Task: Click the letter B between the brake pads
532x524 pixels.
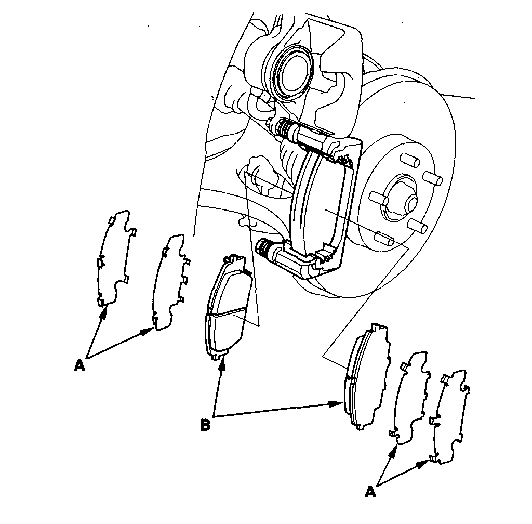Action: (x=206, y=425)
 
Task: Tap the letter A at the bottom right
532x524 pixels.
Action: (x=370, y=491)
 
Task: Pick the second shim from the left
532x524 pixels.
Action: (x=170, y=281)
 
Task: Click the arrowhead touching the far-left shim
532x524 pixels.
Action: (x=105, y=310)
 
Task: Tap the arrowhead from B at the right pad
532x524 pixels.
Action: (x=338, y=403)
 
